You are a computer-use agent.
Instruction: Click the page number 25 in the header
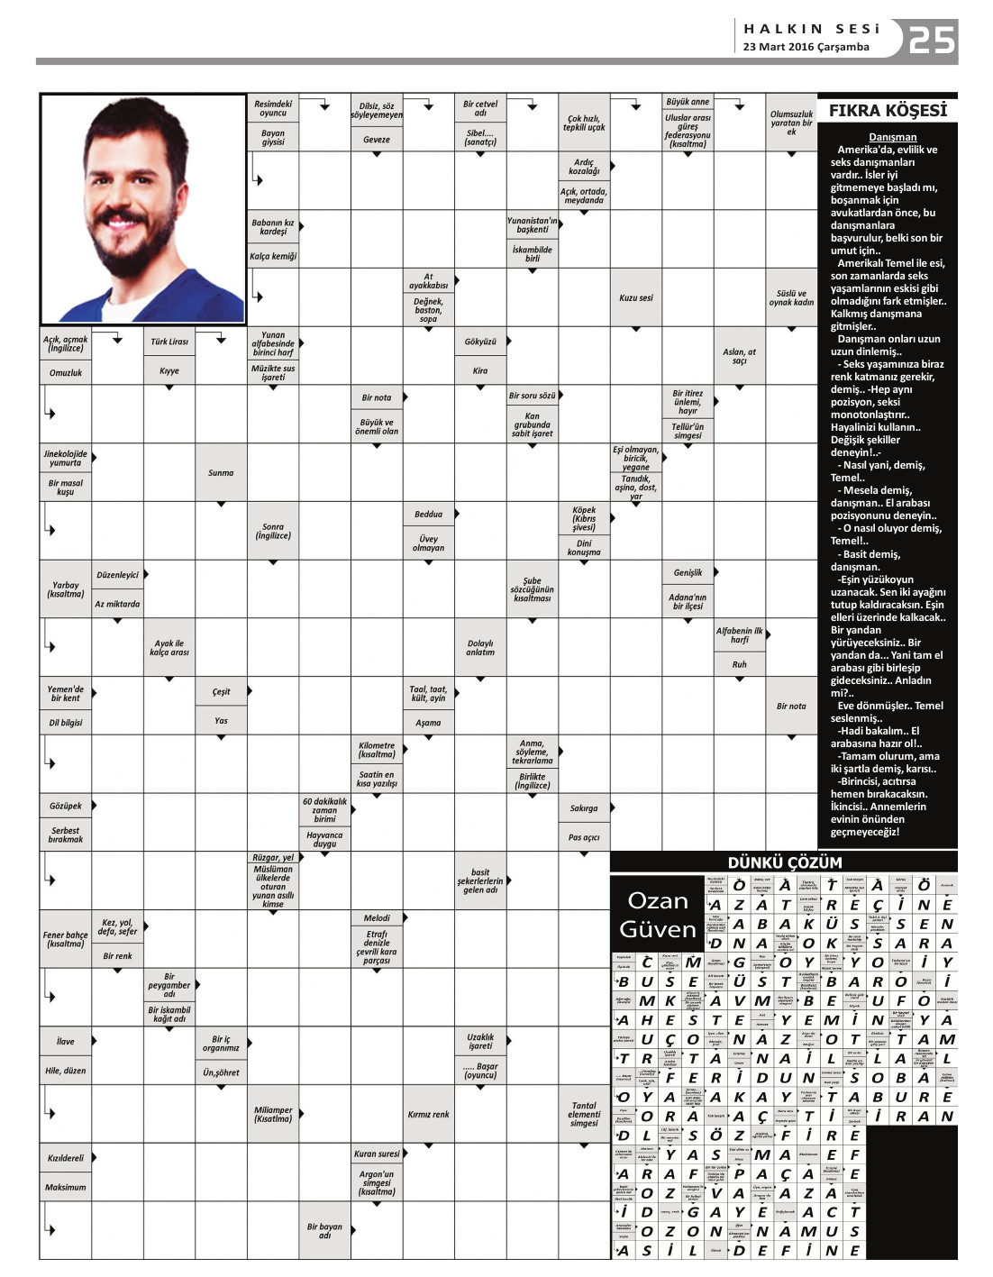931,40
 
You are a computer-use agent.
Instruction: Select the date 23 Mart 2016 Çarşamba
806,47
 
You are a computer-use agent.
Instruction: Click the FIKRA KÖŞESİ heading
887,111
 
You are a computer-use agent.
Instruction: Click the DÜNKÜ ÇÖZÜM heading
784,862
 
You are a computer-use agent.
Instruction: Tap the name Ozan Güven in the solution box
657,915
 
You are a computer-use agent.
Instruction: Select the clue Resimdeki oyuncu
273,108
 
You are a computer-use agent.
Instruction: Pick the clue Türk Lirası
169,342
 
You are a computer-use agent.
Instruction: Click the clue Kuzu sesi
635,297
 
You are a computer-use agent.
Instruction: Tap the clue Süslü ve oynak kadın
791,297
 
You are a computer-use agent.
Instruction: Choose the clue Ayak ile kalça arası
169,648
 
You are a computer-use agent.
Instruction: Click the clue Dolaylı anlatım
480,648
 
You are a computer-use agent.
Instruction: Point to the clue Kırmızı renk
428,1114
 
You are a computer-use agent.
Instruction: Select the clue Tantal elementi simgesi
584,1114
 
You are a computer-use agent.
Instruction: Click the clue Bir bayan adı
324,1230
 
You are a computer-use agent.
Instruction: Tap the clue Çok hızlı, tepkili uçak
584,123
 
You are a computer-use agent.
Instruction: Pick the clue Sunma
221,472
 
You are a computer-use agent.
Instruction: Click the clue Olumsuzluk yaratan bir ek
791,123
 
